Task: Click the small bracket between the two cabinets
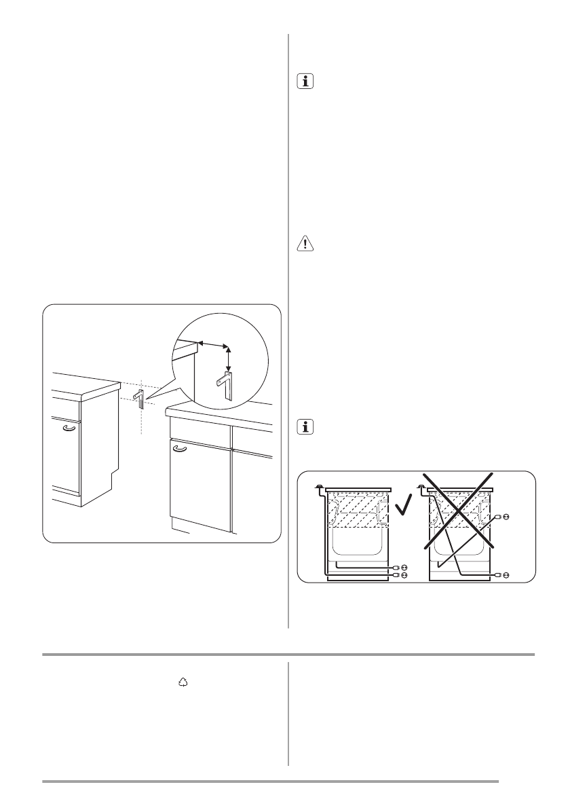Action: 140,397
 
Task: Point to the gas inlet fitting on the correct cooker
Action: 319,486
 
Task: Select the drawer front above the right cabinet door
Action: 199,432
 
